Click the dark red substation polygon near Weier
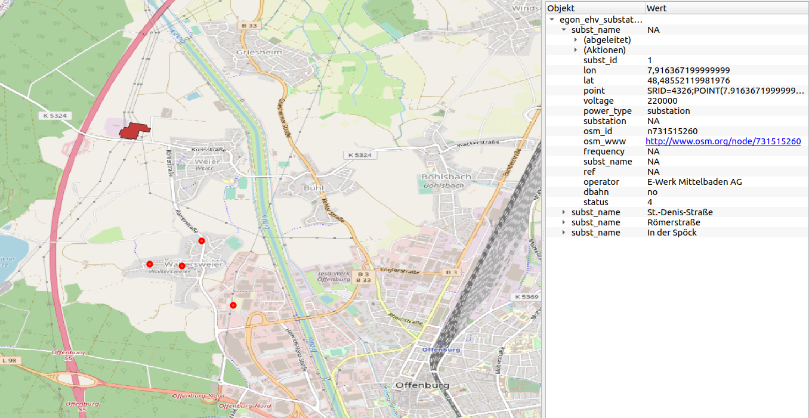pos(134,131)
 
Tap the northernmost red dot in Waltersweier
pos(202,241)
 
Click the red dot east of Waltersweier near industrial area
pos(233,305)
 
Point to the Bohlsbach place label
pos(446,177)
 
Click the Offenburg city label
pos(422,385)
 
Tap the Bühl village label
pos(313,188)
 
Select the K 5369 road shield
pos(526,296)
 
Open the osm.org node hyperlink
pos(723,141)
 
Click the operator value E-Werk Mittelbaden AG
pos(694,182)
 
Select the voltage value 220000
pos(662,101)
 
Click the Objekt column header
pos(561,8)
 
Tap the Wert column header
pos(656,8)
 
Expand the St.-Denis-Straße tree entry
pos(564,212)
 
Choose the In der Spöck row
pos(672,233)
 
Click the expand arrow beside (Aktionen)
pos(576,50)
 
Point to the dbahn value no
pos(652,192)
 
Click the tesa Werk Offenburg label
pos(335,275)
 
